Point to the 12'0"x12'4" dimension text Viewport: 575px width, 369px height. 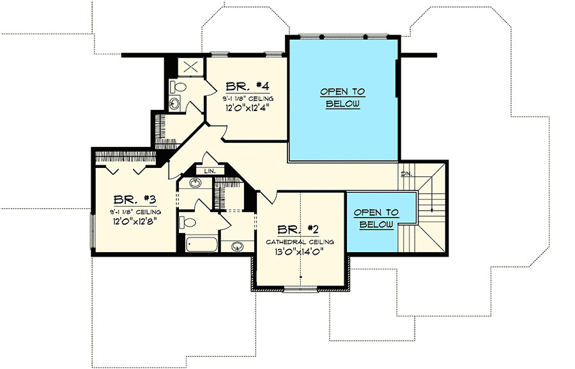tap(248, 108)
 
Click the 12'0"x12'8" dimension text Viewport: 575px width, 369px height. tap(135, 221)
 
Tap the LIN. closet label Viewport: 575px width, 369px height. tap(209, 172)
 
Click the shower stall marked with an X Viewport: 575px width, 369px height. tap(188, 68)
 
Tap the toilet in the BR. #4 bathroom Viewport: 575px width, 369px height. tap(178, 86)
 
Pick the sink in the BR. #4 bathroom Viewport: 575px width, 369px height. tap(175, 103)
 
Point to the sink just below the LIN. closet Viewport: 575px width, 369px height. tap(195, 184)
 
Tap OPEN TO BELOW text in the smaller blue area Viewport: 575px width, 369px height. tap(376, 218)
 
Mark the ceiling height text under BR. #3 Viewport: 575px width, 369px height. tap(135, 211)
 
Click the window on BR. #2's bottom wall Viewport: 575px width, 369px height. tap(300, 290)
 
